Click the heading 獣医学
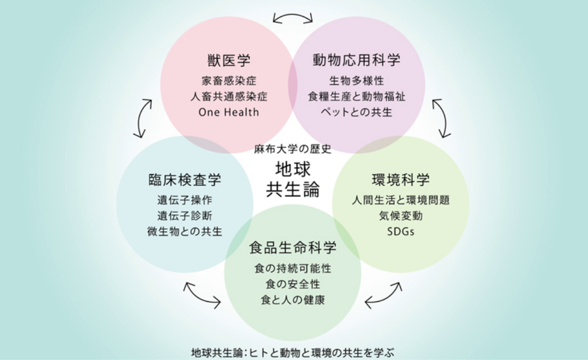(x=229, y=60)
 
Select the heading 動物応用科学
(x=357, y=60)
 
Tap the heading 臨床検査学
(x=185, y=180)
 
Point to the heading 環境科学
(x=401, y=180)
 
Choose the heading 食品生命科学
(x=293, y=248)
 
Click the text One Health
(x=229, y=112)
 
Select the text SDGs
(x=401, y=231)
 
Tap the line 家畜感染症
(x=229, y=81)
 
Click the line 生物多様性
(x=357, y=81)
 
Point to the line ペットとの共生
(x=357, y=112)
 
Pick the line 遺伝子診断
(x=185, y=216)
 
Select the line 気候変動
(x=401, y=216)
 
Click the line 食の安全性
(x=293, y=284)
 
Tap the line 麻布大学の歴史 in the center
(x=293, y=149)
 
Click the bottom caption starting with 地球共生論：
(x=293, y=353)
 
